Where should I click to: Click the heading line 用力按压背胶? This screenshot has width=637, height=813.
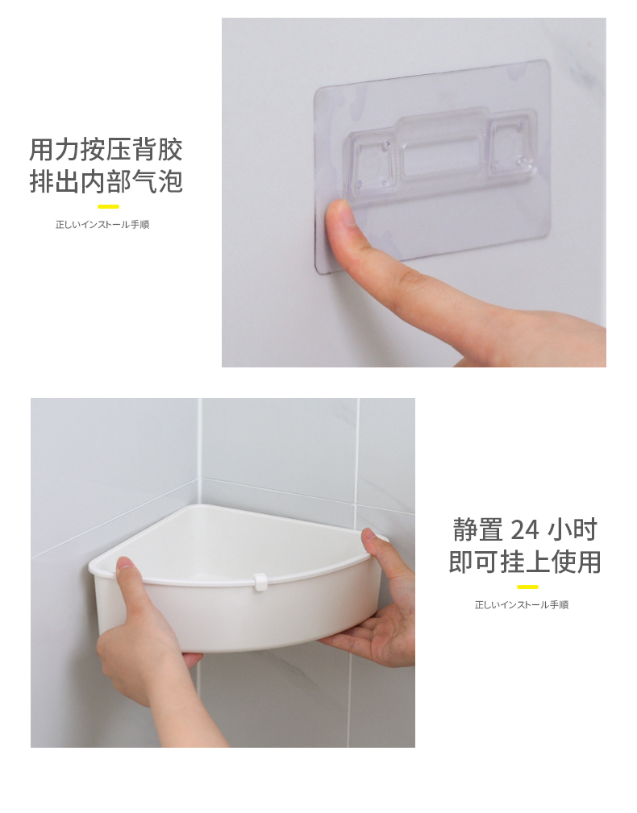pyautogui.click(x=106, y=149)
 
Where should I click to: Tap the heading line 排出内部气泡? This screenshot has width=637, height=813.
pyautogui.click(x=106, y=181)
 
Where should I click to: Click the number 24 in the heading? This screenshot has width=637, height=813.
pyautogui.click(x=526, y=529)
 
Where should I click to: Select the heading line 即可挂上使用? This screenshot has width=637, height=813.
pyautogui.click(x=525, y=562)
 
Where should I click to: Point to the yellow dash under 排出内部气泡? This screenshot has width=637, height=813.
pyautogui.click(x=108, y=206)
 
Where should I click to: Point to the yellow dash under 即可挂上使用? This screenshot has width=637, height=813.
pyautogui.click(x=527, y=587)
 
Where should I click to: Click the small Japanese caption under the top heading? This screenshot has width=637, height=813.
pyautogui.click(x=102, y=225)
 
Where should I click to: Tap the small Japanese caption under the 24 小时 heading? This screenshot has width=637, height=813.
pyautogui.click(x=522, y=604)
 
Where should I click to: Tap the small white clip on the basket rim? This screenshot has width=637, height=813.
pyautogui.click(x=259, y=581)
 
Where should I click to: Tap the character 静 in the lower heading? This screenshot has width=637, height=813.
pyautogui.click(x=466, y=529)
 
